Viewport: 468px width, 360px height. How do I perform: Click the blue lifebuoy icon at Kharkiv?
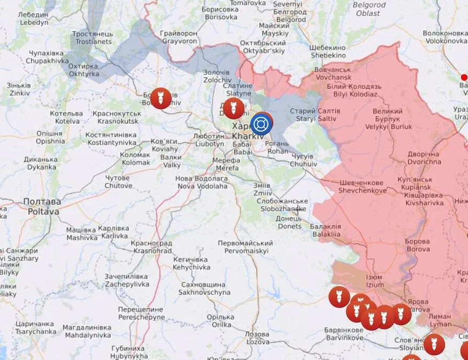(x=261, y=125)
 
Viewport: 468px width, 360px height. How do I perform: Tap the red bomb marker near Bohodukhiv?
(x=160, y=98)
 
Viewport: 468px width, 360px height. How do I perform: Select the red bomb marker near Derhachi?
(x=231, y=108)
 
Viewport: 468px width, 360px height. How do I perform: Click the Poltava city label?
(x=41, y=206)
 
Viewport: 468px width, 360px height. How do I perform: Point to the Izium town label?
(x=374, y=281)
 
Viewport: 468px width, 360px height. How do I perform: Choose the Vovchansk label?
(x=333, y=73)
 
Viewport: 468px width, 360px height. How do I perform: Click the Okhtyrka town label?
(x=84, y=70)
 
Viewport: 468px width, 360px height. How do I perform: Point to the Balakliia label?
(x=325, y=230)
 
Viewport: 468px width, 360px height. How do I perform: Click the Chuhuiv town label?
(x=304, y=160)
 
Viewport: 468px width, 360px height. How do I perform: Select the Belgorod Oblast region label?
(x=369, y=9)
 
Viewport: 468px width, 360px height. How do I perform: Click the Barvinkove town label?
(x=344, y=334)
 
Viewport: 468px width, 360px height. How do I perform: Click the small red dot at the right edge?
(x=464, y=78)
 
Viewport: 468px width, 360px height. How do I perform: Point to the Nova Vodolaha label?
(x=202, y=182)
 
